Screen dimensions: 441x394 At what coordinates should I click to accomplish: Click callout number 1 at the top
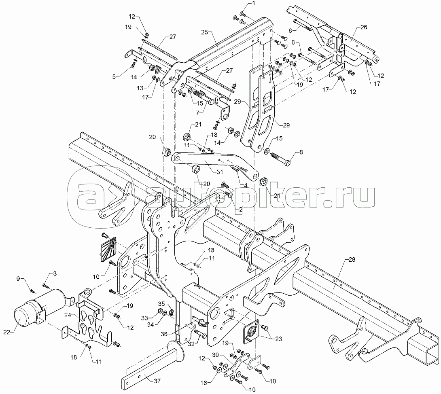click(x=253, y=3)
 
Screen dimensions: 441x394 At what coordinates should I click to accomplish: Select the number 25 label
click(x=204, y=32)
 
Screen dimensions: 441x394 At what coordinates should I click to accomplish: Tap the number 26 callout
click(x=364, y=27)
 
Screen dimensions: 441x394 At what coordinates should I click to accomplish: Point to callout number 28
click(x=352, y=260)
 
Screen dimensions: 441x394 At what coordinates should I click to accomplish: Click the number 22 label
click(x=7, y=332)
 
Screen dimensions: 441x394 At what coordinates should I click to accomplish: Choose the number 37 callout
click(x=157, y=381)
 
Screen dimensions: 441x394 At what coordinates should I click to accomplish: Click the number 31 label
click(x=220, y=172)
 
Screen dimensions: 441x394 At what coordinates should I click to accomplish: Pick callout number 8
click(x=301, y=153)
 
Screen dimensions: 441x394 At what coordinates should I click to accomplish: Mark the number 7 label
click(x=197, y=113)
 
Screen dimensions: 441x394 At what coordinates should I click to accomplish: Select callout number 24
click(x=68, y=315)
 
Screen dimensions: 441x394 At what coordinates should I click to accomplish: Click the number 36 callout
click(x=164, y=334)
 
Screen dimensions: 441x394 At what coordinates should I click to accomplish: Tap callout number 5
click(x=114, y=76)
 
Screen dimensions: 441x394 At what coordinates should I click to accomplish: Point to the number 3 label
click(x=55, y=273)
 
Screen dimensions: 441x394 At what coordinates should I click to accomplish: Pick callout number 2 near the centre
click(x=240, y=210)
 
